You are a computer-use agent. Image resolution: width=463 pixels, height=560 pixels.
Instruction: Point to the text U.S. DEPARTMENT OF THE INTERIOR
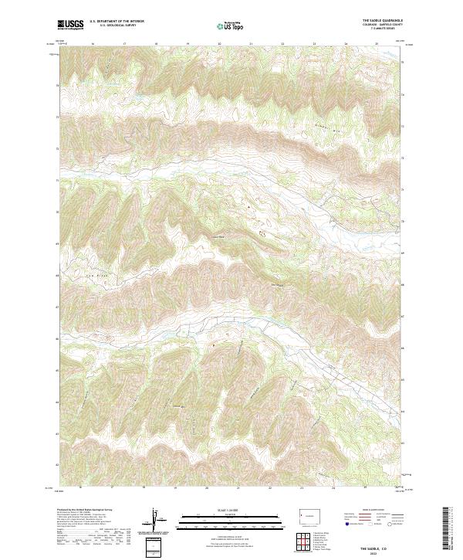pos(117,21)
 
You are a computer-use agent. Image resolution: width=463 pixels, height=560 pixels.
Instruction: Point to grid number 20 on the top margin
pos(220,45)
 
